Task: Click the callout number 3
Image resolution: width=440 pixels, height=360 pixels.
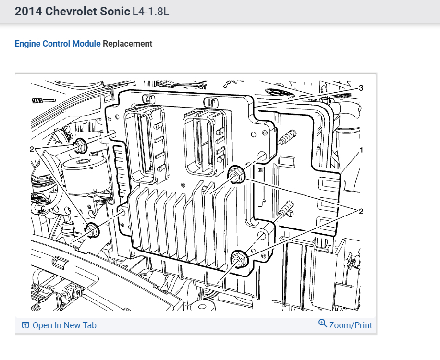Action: pos(361,88)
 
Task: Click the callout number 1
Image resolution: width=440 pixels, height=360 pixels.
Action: pos(361,150)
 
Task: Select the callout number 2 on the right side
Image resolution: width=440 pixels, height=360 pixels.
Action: pos(361,211)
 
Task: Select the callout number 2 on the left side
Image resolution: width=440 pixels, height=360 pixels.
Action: pos(32,149)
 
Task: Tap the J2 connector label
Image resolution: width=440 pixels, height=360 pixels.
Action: pos(149,99)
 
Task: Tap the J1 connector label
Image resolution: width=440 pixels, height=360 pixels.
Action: pos(211,103)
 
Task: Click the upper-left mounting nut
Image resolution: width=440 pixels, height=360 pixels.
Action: pos(80,146)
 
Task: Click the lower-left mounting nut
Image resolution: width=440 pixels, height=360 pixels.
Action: pos(92,230)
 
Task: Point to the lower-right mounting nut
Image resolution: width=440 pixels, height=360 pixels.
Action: pos(239,259)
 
